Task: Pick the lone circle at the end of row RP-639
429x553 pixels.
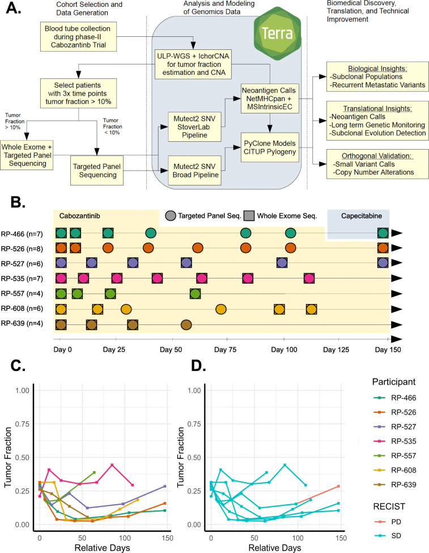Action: click(x=186, y=325)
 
